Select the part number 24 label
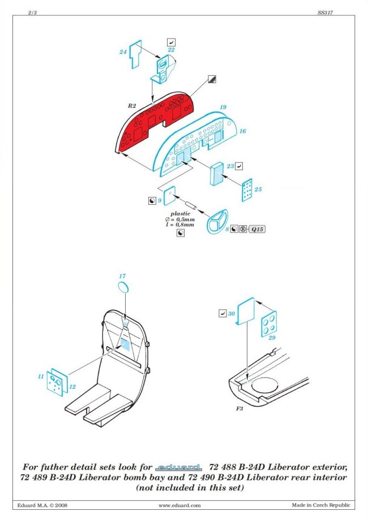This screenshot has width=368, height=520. [x=123, y=51]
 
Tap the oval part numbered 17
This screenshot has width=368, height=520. [x=123, y=287]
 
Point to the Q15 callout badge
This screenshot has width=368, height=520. [x=257, y=229]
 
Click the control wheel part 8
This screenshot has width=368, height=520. [x=217, y=221]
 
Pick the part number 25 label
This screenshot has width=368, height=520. [x=258, y=190]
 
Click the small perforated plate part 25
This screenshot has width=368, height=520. [x=247, y=190]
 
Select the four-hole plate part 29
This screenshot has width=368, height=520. [x=269, y=324]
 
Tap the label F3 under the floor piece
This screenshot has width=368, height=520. [x=239, y=409]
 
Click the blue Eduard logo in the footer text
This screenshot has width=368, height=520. [x=178, y=467]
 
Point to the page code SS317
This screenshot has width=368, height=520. [x=325, y=12]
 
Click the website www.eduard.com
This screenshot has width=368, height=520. [x=179, y=505]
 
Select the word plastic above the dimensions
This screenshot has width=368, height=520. [x=181, y=213]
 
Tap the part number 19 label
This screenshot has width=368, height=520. [x=223, y=107]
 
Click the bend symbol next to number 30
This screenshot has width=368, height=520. [x=222, y=313]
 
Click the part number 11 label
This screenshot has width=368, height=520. [x=41, y=376]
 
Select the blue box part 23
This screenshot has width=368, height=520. [x=217, y=174]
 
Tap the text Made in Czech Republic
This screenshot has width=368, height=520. [x=321, y=505]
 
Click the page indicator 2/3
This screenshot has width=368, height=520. [x=32, y=12]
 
